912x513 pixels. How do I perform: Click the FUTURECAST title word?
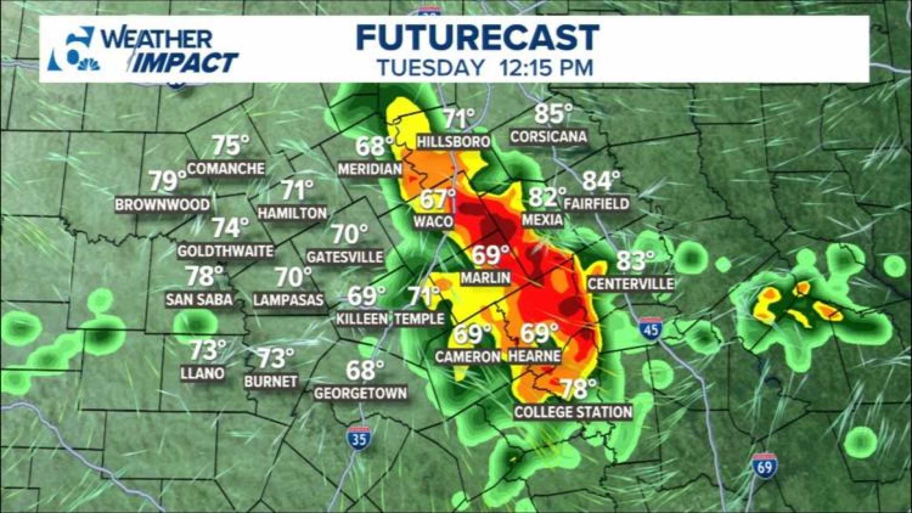pos(477,38)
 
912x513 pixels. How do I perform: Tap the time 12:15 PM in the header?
pos(547,67)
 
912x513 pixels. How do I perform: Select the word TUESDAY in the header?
pos(431,67)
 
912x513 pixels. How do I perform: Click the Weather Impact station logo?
pos(143,50)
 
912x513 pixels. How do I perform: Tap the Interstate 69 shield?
pos(765,466)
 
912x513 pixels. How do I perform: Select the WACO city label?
pos(433,221)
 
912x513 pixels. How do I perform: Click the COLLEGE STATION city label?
pos(573,412)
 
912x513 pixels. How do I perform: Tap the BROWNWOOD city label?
pos(163,205)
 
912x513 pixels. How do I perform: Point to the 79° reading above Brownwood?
pos(168,181)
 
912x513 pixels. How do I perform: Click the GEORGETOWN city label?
pos(360,393)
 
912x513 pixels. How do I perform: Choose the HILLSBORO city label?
pos(453,141)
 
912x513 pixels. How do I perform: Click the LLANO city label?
pos(202,373)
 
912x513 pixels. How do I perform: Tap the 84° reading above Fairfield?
pos(601,181)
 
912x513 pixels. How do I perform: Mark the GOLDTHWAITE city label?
pos(225,250)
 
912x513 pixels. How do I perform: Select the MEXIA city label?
pos(542,220)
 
